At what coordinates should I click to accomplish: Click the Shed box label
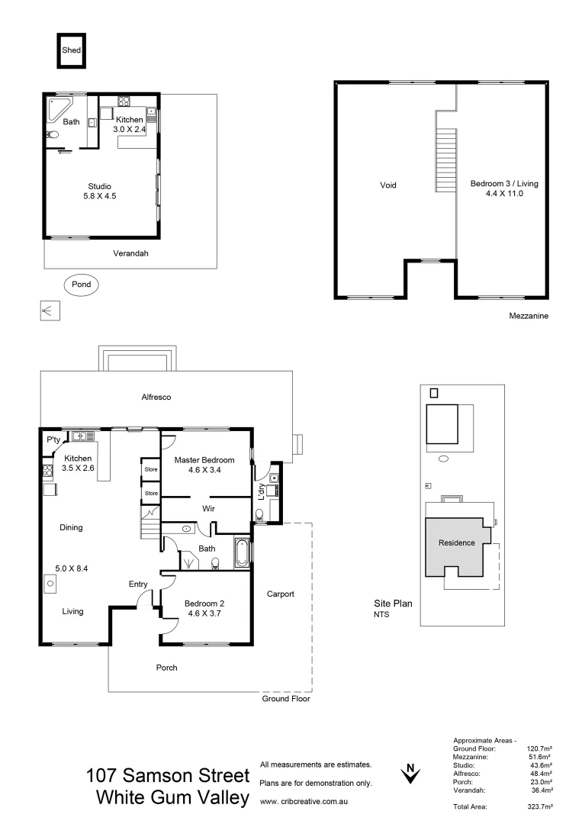[x=71, y=51]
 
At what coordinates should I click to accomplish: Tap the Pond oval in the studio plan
[x=81, y=285]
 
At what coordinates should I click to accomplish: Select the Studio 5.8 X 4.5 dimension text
[x=99, y=195]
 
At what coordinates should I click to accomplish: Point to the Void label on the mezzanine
[x=387, y=185]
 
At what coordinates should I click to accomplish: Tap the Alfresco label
[x=156, y=398]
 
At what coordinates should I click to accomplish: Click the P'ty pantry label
[x=53, y=440]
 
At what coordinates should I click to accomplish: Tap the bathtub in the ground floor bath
[x=242, y=553]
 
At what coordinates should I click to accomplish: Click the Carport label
[x=280, y=594]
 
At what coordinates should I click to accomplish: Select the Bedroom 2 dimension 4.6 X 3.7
[x=205, y=613]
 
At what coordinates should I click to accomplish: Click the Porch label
[x=166, y=668]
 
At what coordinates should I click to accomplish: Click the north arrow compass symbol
[x=410, y=774]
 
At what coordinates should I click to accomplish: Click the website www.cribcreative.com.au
[x=304, y=802]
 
